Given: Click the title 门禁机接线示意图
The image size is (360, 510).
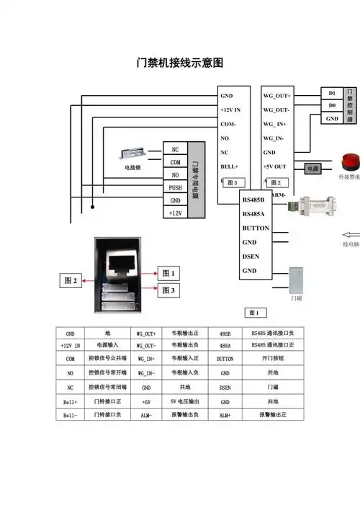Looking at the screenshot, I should (x=180, y=63).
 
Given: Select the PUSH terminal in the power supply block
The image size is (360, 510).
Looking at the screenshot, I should (x=175, y=188).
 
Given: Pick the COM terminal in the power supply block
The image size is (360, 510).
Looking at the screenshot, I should (x=175, y=162).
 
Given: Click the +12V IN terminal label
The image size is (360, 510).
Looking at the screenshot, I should (x=233, y=109).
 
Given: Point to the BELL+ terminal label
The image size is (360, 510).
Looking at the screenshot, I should (x=230, y=166).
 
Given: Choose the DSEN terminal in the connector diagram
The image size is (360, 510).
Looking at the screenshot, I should (x=250, y=256).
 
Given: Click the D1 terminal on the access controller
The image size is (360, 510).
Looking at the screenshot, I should (x=332, y=93).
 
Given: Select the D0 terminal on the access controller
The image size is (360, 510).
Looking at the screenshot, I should (x=332, y=105).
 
